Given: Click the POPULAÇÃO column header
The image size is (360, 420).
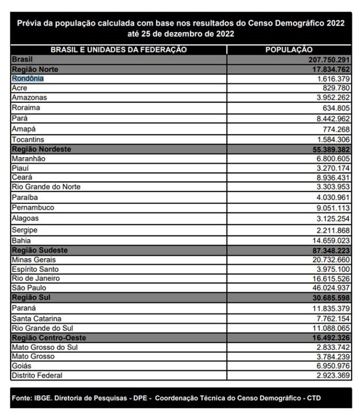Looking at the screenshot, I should pos(289,50).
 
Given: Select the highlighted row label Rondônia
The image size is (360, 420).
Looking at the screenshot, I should pos(28,79).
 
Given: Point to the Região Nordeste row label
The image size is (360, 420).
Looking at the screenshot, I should pos(41,149).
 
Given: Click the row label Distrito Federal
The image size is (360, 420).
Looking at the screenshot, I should pos(37,375).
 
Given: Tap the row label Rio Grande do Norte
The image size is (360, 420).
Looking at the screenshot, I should pos(46,187).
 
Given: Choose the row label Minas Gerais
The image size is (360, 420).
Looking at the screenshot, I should pos(34,260).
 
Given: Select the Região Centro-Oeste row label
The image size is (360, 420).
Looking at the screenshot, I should pos(49,337).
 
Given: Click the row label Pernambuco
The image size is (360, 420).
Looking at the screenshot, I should pos(33,207).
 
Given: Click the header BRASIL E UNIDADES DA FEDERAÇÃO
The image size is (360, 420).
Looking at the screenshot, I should pos(119,50).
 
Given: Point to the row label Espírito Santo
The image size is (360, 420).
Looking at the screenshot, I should pos(36,269).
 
